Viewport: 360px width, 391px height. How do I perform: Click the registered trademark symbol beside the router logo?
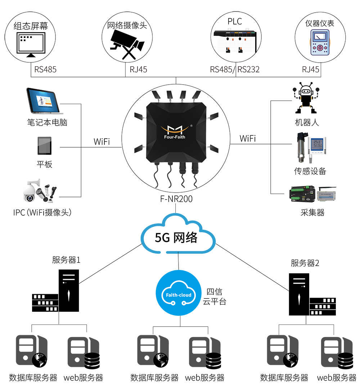click(191, 126)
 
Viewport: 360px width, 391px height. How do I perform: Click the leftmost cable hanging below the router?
click(157, 176)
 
